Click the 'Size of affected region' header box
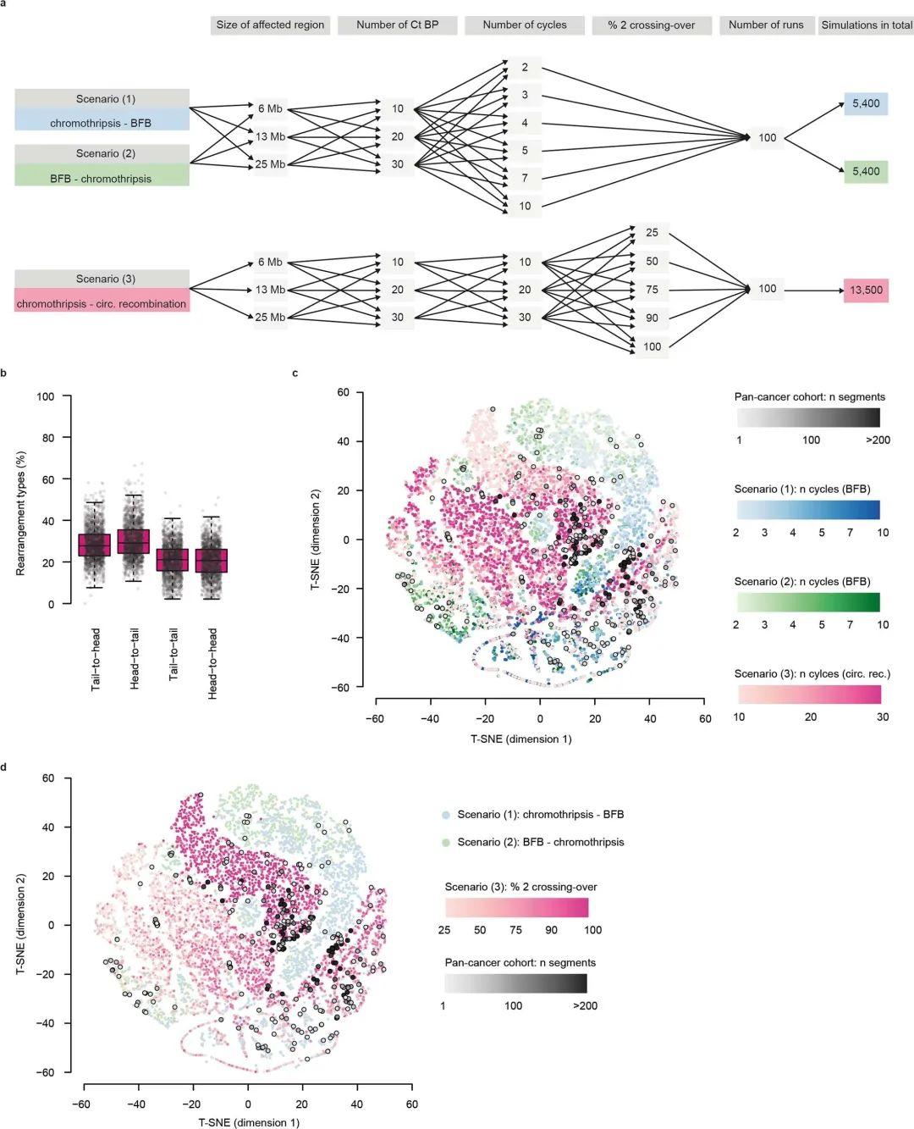tap(270, 25)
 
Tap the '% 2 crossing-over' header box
tap(651, 25)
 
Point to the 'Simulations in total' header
tap(866, 25)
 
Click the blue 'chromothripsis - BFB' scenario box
tap(102, 123)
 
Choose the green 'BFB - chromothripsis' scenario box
tap(102, 178)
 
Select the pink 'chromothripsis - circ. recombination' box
tap(102, 303)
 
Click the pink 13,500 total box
tap(866, 290)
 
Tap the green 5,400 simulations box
tap(866, 172)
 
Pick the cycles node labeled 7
tap(525, 178)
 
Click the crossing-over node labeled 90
tap(652, 318)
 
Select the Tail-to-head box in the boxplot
tap(95, 545)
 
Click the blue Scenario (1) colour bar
tap(808, 509)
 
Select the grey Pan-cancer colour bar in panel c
tap(808, 417)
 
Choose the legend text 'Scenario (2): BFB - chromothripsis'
tap(540, 842)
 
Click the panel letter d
tap(6, 767)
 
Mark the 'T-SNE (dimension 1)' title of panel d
tap(248, 1122)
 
